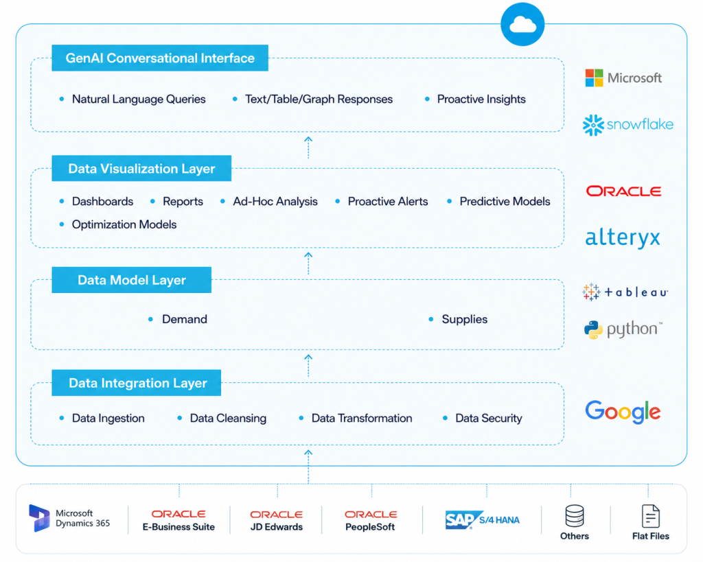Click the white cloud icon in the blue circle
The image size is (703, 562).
[522, 25]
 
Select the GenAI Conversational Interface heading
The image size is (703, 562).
[160, 58]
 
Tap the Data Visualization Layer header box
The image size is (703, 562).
[141, 169]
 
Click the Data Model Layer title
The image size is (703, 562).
[132, 280]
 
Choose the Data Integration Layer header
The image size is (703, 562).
[137, 383]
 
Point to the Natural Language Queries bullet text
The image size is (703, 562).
[139, 99]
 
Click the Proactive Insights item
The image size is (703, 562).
[481, 99]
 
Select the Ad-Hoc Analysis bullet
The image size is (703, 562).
[275, 201]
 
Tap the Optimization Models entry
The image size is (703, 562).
[124, 224]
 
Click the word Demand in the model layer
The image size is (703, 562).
[184, 319]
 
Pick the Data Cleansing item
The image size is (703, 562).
[228, 418]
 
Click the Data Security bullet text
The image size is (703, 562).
[489, 418]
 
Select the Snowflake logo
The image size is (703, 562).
[627, 125]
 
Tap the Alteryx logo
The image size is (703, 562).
[623, 237]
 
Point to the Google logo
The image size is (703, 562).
[623, 412]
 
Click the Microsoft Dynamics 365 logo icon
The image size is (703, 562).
[39, 518]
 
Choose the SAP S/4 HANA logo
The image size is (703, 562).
[483, 520]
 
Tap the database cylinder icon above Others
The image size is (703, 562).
[575, 516]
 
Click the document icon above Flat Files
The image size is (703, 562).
[651, 516]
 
